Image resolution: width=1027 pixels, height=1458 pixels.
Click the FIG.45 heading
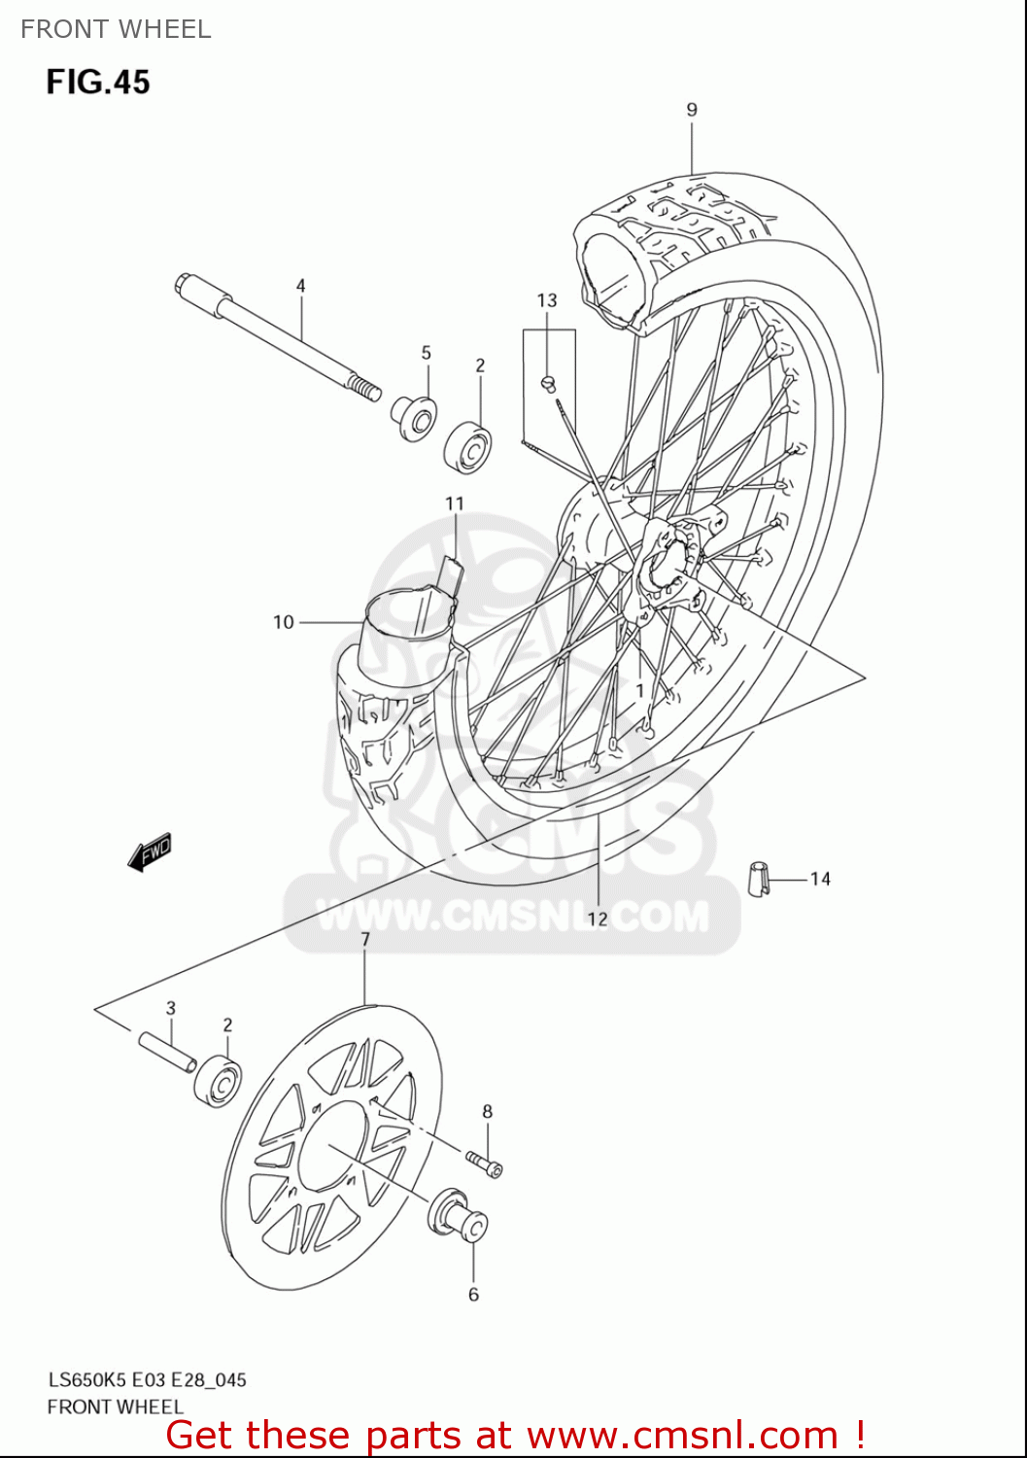tap(98, 82)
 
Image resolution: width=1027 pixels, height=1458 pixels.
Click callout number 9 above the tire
tap(692, 110)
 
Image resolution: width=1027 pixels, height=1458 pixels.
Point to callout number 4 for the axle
tap(301, 286)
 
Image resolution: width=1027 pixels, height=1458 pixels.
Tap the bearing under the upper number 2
tap(468, 446)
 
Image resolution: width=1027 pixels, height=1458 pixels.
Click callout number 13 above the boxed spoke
tap(547, 301)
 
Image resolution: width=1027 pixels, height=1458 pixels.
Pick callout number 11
tap(455, 503)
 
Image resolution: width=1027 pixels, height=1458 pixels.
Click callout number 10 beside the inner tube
tap(283, 622)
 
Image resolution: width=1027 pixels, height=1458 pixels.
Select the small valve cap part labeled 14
tap(759, 878)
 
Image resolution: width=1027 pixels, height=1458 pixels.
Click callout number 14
tap(820, 879)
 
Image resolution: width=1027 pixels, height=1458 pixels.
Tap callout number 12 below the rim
tap(597, 919)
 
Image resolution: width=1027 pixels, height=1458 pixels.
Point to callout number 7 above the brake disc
tap(365, 940)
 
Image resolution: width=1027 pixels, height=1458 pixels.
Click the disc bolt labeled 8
tap(484, 1162)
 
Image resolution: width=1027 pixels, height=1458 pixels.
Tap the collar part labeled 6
tap(461, 1216)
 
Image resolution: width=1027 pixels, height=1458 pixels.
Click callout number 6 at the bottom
tap(473, 1295)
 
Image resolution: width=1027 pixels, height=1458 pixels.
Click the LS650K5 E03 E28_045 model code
tap(147, 1380)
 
